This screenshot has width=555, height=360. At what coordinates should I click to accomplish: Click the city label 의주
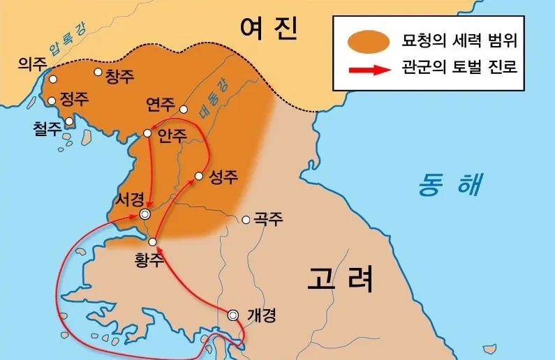32,64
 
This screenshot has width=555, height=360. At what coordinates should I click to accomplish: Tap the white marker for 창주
98,72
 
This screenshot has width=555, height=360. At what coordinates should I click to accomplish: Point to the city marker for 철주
68,121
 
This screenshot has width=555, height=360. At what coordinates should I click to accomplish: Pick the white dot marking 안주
147,133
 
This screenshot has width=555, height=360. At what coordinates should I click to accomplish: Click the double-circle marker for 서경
145,214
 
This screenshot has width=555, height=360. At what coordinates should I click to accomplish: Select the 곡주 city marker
246,220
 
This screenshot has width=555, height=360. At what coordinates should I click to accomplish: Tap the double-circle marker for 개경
234,315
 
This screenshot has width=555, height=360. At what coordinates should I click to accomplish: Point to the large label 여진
269,29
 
